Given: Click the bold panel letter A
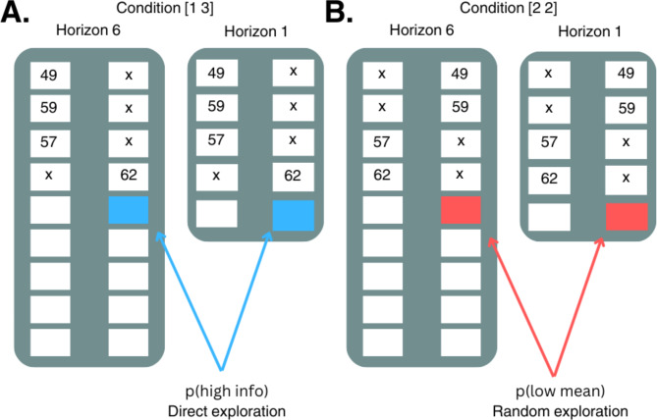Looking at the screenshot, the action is [15, 12].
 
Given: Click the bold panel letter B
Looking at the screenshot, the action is [339, 12].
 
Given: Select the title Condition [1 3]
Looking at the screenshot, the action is [165, 8].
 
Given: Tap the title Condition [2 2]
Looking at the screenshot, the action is [509, 8].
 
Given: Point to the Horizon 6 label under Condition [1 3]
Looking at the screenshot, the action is [88, 30].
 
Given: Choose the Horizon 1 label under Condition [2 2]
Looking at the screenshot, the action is [589, 31].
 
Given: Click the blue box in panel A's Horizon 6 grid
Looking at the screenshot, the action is [129, 210].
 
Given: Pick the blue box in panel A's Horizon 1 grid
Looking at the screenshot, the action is [294, 215].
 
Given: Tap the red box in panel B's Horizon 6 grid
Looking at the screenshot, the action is [461, 210].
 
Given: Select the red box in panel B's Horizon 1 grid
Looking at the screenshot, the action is [627, 217].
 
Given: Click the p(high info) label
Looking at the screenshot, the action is [227, 392].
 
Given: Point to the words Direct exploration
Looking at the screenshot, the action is [227, 411].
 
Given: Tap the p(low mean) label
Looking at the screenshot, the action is [560, 392].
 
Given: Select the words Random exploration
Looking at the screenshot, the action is [560, 411].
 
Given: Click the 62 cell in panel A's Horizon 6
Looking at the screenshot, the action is [129, 175].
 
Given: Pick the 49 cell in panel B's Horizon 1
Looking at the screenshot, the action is [626, 74].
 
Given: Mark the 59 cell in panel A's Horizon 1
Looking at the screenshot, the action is [217, 106].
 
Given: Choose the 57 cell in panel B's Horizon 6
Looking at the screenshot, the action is [383, 142].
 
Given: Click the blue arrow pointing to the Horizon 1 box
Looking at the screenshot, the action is [246, 300].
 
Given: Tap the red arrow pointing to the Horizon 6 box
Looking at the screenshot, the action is [520, 307].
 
